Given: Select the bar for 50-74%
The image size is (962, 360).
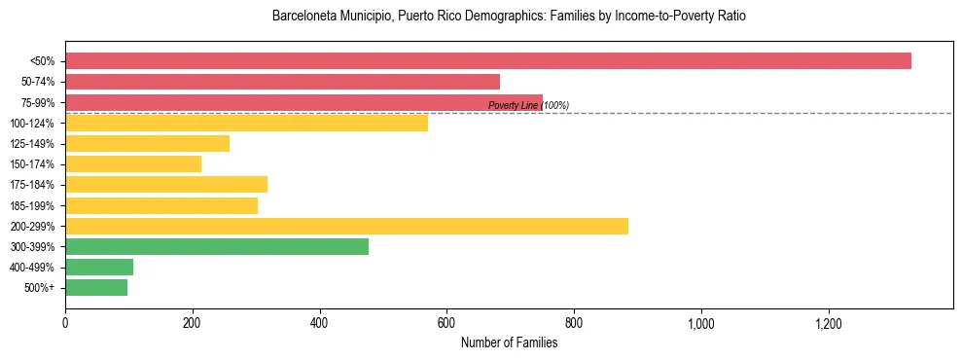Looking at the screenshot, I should pyautogui.click(x=282, y=82).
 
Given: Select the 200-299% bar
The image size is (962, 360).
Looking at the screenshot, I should pyautogui.click(x=346, y=227).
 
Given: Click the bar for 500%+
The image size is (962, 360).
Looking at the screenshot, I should pyautogui.click(x=96, y=288).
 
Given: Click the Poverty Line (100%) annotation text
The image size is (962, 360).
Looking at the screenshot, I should pyautogui.click(x=528, y=105).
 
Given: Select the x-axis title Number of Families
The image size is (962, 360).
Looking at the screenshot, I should pyautogui.click(x=509, y=342).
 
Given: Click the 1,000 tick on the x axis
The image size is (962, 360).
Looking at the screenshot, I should pyautogui.click(x=701, y=322).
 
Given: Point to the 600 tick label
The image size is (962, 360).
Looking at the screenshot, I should pyautogui.click(x=446, y=322).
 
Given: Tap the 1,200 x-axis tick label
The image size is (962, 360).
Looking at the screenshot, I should pyautogui.click(x=829, y=322).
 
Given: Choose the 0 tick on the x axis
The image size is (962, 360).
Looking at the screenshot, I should pyautogui.click(x=65, y=322).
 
